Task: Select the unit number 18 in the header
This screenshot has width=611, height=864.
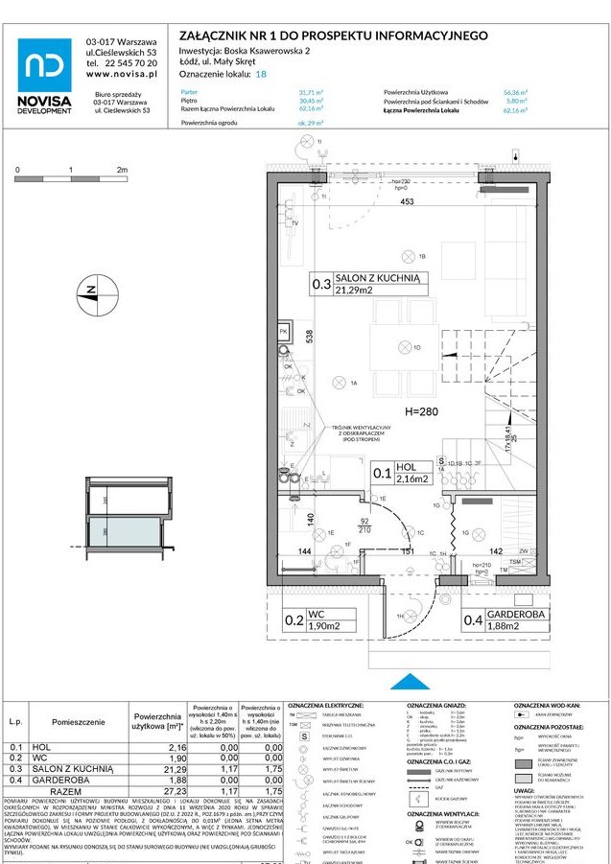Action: point(261,73)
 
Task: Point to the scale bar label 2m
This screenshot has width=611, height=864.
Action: point(122,169)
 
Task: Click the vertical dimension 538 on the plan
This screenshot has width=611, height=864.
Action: point(309,337)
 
